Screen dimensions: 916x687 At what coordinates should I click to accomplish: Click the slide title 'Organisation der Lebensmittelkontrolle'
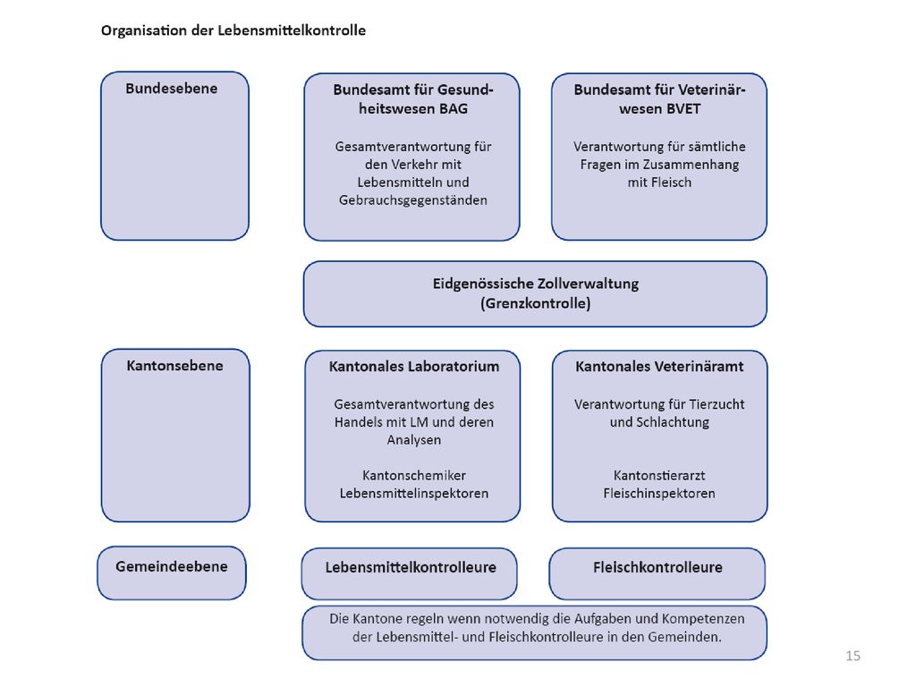coord(233,30)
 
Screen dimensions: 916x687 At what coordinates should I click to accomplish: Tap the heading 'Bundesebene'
coord(171,89)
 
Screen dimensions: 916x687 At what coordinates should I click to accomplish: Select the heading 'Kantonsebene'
coord(174,366)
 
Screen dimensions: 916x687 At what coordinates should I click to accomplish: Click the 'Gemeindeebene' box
coord(172,573)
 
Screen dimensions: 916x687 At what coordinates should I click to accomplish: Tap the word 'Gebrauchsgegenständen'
coord(413,200)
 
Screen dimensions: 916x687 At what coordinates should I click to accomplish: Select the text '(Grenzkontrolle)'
coord(535,304)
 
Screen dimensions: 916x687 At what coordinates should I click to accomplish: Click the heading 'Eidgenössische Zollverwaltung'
coord(535,284)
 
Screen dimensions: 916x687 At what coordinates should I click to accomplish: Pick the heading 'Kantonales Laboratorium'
coord(413,366)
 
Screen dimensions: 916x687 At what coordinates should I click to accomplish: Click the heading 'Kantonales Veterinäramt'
coord(659,366)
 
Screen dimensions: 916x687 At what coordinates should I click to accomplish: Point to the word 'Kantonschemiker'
coord(413,476)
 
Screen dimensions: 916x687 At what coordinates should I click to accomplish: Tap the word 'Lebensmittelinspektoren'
coord(413,494)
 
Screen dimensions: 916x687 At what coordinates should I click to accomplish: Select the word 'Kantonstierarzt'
coord(659,476)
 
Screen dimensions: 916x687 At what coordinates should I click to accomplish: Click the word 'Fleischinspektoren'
coord(659,494)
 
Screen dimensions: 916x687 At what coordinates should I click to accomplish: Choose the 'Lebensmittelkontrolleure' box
coord(410,573)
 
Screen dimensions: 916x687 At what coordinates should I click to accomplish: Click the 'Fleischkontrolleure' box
coord(657,573)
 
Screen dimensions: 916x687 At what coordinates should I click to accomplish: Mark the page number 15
coord(852,656)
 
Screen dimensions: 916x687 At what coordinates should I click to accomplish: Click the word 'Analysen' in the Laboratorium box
coord(413,440)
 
